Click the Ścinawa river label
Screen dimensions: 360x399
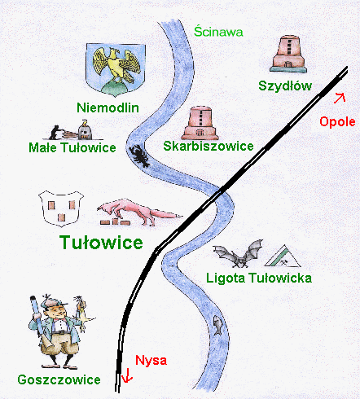218,32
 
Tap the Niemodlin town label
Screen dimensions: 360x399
108,107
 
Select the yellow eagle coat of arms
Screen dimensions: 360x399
116,70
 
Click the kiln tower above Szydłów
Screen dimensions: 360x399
288,54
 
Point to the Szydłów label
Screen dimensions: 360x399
285,85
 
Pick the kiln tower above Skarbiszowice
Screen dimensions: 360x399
200,123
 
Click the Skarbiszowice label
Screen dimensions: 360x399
209,146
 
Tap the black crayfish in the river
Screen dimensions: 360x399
139,156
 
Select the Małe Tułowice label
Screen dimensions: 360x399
72,147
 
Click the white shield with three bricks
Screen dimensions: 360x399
61,208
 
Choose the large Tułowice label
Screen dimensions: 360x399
101,242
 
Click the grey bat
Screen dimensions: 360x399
239,253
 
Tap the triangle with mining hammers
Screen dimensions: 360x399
283,256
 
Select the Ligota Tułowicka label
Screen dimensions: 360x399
259,278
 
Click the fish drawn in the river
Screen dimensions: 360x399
217,325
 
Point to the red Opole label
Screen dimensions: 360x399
337,121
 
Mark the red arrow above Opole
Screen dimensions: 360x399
340,98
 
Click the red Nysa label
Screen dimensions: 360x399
151,360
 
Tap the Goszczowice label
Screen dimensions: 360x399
59,379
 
